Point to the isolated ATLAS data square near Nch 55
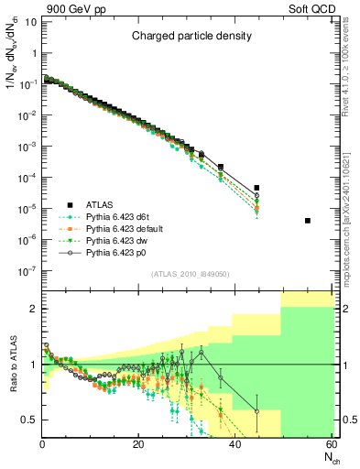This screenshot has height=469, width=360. [x=308, y=221]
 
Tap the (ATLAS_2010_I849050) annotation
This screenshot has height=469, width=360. [x=191, y=274]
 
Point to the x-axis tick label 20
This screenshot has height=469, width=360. [x=138, y=444]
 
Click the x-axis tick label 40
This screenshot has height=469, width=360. [x=235, y=444]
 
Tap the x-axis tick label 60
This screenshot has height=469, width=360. [x=331, y=444]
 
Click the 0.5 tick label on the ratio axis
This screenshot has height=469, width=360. [x=29, y=420]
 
